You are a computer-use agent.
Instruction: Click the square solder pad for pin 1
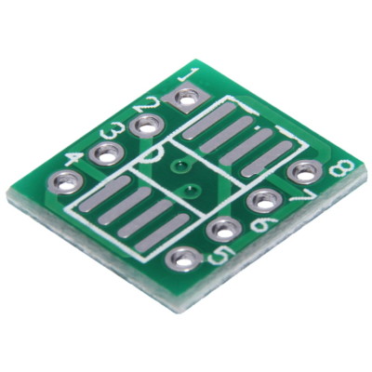pyautogui.click(x=187, y=97)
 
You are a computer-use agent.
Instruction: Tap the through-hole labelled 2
pyautogui.click(x=146, y=124)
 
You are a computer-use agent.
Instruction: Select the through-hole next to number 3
pyautogui.click(x=107, y=154)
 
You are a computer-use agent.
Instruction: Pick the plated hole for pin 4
pyautogui.click(x=67, y=182)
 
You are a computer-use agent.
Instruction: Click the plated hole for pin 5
pyautogui.click(x=182, y=259)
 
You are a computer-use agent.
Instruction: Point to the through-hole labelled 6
pyautogui.click(x=223, y=230)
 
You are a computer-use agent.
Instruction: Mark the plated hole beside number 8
pyautogui.click(x=303, y=171)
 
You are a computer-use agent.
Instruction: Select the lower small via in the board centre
pyautogui.click(x=189, y=193)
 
